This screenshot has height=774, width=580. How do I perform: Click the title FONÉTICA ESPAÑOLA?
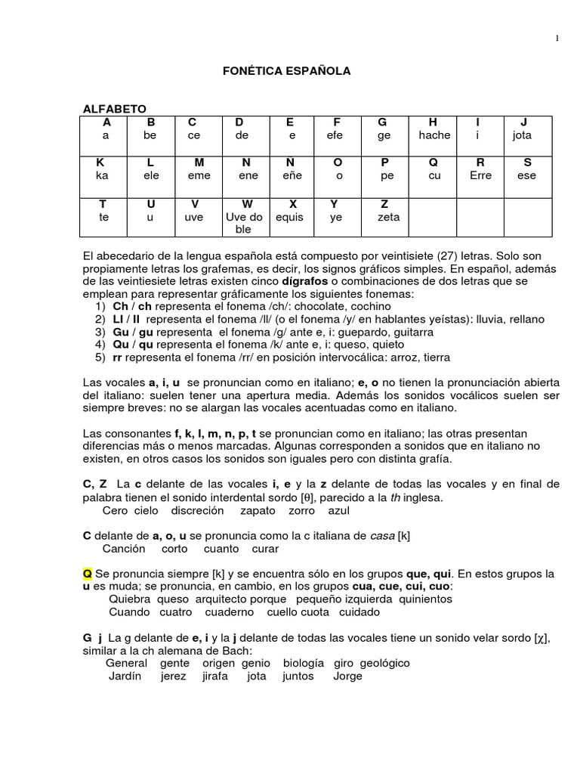pos(286,70)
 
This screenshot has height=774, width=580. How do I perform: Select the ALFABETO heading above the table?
pos(115,110)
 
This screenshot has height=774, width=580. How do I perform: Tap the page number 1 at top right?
pos(557,39)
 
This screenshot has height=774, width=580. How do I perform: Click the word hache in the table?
pos(433,135)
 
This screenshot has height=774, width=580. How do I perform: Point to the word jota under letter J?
pos(522,135)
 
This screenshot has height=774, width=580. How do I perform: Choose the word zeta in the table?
pos(388,217)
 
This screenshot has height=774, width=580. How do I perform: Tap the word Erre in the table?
pos(480,175)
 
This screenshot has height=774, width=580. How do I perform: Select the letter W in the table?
pos(246,204)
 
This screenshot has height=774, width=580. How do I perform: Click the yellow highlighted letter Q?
pos(87,574)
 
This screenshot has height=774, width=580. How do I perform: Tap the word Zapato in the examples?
pos(258,510)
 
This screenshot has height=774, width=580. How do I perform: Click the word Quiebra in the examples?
pos(129,599)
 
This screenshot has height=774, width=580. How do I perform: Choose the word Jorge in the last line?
pos(347,676)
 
